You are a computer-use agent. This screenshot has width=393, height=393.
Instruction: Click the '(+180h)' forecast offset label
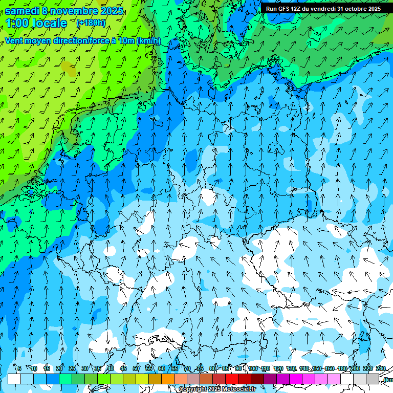[91, 23]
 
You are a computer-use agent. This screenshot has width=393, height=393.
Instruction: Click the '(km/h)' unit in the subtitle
[148, 40]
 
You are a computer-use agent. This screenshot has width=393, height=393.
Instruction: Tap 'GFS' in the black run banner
[283, 9]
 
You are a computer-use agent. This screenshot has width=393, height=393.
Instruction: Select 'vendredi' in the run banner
[323, 9]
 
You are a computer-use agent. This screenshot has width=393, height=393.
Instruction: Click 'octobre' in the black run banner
[357, 9]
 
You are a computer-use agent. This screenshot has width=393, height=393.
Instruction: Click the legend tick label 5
[19, 368]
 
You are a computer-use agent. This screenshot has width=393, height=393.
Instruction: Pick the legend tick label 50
[136, 368]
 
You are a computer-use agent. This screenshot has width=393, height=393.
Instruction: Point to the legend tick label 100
[253, 368]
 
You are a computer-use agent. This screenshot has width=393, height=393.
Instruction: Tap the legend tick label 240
[381, 368]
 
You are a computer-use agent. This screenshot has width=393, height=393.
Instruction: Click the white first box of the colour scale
[14, 379]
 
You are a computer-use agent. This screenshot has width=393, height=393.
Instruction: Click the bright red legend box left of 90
[232, 379]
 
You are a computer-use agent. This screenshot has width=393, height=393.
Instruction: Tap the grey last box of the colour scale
[373, 379]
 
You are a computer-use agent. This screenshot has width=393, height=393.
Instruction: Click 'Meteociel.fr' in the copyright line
[239, 389]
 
